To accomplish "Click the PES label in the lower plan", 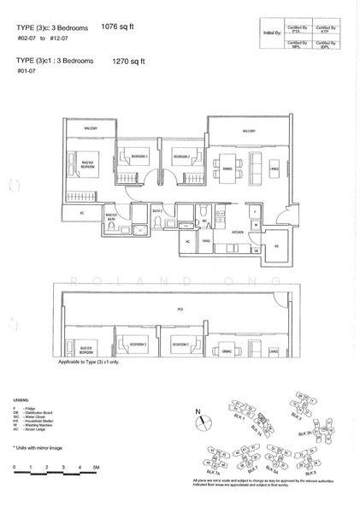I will point(180,310).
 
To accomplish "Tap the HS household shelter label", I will point(275,245).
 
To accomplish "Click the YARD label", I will point(206,242).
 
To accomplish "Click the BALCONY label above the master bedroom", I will point(89,129).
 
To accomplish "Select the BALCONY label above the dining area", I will point(248,131).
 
